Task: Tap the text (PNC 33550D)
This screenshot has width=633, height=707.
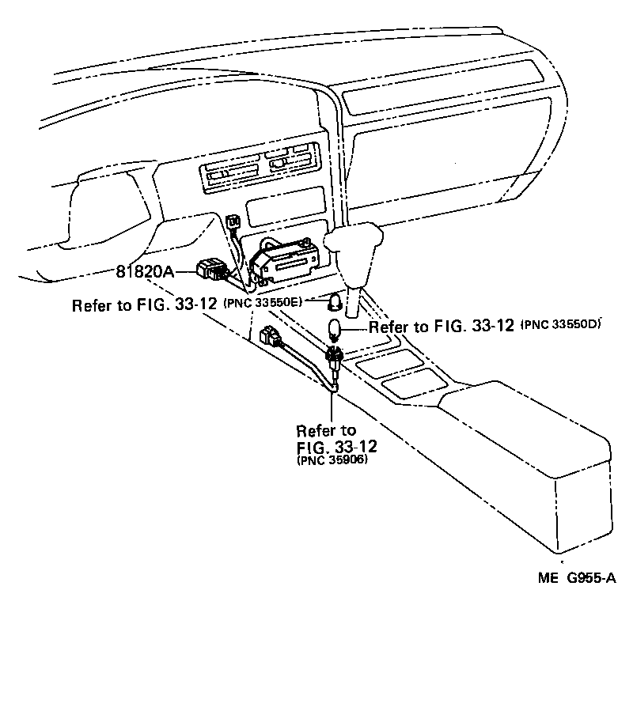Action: (x=563, y=324)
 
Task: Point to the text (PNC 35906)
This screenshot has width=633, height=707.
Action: (x=332, y=461)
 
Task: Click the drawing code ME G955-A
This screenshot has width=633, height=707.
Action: (x=577, y=578)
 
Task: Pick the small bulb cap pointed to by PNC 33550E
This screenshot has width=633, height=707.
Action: (x=335, y=301)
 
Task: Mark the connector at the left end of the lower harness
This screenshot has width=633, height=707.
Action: (x=268, y=338)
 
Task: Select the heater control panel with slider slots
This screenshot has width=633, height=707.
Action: (x=260, y=167)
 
